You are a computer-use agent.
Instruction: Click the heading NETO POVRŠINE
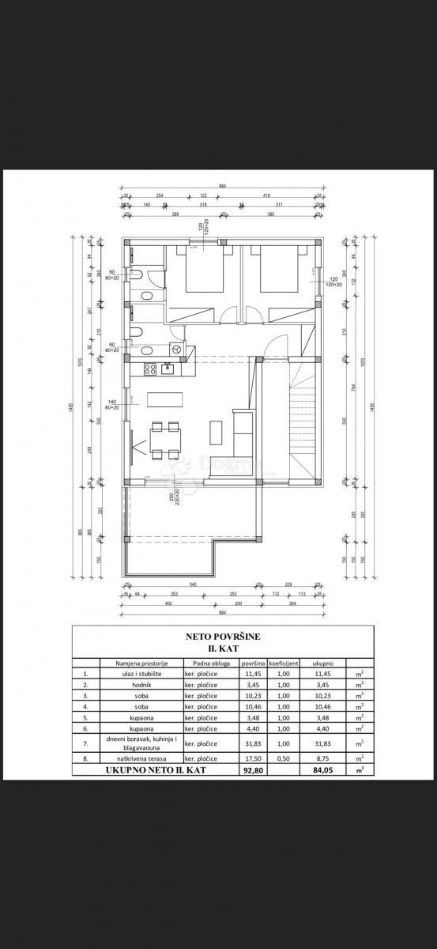coord(217,636)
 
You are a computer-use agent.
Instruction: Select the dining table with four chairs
coord(167,440)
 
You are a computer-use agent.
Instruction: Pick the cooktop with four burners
coord(149,369)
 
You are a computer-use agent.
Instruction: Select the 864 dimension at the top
coord(223,186)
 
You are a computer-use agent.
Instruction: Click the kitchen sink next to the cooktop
coord(168,368)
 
